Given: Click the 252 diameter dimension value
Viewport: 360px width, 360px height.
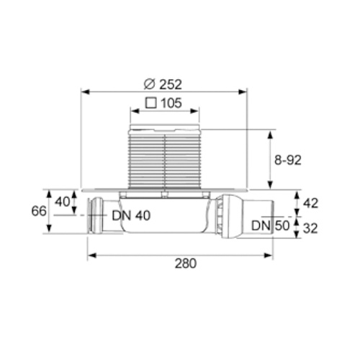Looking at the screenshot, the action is pyautogui.click(x=171, y=84).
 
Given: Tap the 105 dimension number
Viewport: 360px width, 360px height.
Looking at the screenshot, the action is pyautogui.click(x=171, y=103).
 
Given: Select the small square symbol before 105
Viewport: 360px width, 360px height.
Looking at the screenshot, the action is pyautogui.click(x=151, y=103).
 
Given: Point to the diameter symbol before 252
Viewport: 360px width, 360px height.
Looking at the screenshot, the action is pyautogui.click(x=150, y=84).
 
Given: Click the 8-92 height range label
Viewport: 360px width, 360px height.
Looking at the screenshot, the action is pyautogui.click(x=288, y=160).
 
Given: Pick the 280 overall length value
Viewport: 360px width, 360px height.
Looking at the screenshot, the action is pyautogui.click(x=186, y=264).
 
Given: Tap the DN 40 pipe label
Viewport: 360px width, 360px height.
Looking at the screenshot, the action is pyautogui.click(x=131, y=215).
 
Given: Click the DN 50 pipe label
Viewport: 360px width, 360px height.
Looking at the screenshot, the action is pyautogui.click(x=271, y=225).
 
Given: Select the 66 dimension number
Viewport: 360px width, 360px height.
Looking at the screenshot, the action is pyautogui.click(x=39, y=211).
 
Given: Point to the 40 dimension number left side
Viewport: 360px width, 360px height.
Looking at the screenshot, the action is pyautogui.click(x=63, y=202).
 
